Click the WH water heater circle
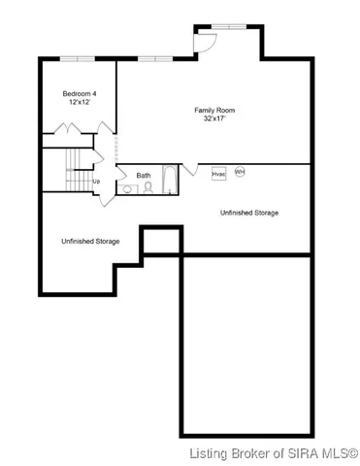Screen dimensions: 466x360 239,172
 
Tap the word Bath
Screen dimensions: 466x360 143,176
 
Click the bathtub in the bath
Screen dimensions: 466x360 170,180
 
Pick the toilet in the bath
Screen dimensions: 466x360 148,187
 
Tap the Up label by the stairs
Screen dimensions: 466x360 95,181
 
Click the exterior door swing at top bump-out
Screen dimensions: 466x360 205,42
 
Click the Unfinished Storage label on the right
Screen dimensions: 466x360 249,212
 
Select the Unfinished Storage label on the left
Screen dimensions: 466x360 90,241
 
